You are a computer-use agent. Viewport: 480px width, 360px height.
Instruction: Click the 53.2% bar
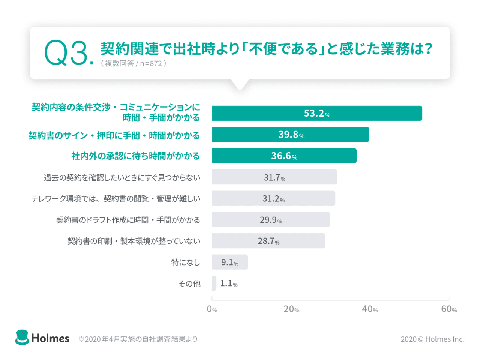tap(317, 113)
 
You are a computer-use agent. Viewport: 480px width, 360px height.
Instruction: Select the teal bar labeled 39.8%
tap(290, 135)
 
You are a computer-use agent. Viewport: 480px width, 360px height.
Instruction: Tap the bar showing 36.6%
tap(284, 156)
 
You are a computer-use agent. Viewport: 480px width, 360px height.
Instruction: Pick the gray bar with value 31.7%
tap(274, 177)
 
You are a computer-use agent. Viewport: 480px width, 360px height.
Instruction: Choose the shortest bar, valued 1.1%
tap(214, 283)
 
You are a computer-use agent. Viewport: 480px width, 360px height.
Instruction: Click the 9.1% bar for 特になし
tap(229, 262)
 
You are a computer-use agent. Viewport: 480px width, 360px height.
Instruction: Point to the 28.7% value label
tap(268, 241)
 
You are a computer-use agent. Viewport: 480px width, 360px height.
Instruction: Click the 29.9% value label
tap(271, 220)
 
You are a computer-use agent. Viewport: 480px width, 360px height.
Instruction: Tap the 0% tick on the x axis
tap(212, 309)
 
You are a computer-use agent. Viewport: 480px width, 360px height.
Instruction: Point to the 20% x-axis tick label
tap(291, 309)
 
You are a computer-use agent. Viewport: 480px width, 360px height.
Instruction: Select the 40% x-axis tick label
tap(370, 309)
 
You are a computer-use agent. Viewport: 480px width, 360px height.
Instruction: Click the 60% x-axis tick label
tap(449, 309)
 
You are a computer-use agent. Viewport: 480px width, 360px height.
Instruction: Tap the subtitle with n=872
tap(133, 63)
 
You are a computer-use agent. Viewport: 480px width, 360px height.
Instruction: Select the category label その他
tap(189, 284)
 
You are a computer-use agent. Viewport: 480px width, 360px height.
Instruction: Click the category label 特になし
tap(186, 262)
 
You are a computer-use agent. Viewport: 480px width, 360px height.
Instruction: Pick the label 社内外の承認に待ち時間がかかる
tap(135, 156)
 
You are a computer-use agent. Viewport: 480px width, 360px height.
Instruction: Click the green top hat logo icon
tap(22, 337)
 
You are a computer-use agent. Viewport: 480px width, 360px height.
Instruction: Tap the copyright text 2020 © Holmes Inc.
tap(432, 339)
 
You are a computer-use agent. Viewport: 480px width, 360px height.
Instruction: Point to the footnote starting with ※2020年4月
tap(138, 339)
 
